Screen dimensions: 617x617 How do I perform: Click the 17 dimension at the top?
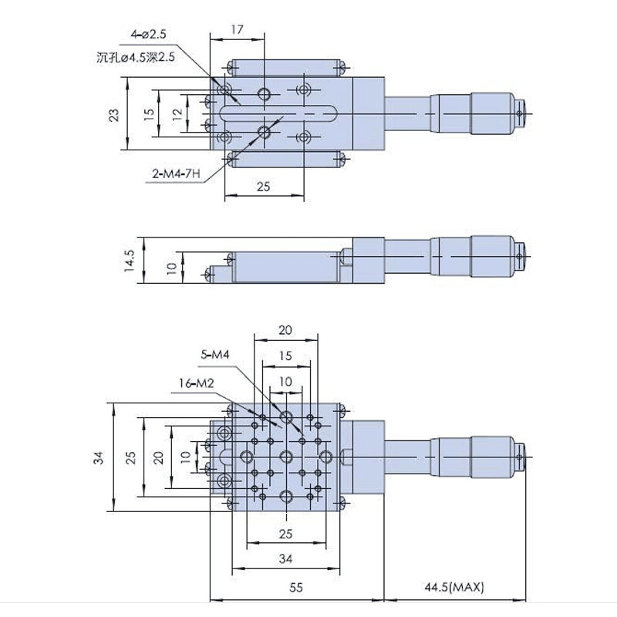238,29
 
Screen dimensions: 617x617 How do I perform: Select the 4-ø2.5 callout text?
148,34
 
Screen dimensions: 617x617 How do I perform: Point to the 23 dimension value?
113,116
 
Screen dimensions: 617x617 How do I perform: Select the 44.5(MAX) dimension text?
454,588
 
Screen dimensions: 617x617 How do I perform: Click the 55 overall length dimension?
296,588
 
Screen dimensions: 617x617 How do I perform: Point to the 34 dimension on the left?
98,457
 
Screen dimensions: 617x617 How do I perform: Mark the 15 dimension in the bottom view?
285,356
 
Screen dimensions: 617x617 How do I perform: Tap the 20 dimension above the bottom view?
285,329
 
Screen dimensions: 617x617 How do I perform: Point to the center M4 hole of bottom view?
286,456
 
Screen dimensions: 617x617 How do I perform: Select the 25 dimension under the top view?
264,187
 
